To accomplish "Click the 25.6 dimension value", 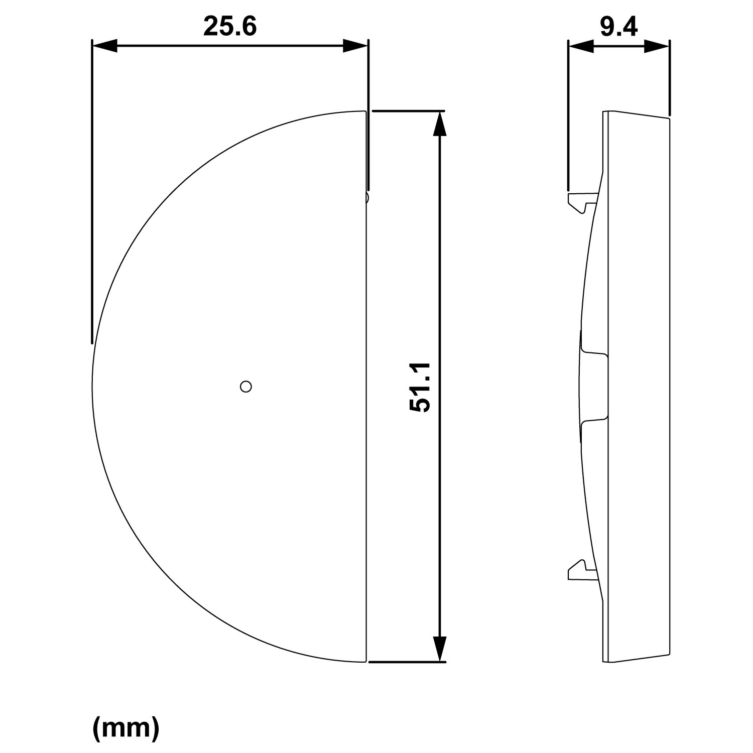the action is tap(230, 26).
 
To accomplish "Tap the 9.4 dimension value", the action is tap(618, 26).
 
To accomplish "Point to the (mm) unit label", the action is tap(126, 728).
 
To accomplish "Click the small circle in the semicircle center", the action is tap(246, 387).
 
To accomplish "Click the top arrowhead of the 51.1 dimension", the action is tap(439, 123).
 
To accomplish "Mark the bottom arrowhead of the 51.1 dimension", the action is tap(439, 649).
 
